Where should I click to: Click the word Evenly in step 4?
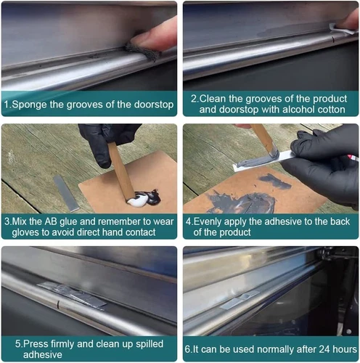(x=208, y=222)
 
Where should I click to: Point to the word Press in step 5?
(x=36, y=344)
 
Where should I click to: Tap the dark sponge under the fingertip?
(x=142, y=52)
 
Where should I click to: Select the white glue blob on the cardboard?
(x=136, y=200)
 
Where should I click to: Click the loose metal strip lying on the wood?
(x=66, y=194)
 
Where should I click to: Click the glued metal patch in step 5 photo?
(x=72, y=294)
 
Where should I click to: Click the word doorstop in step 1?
(x=154, y=105)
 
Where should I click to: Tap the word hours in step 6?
(x=345, y=349)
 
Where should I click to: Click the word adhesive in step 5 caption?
(x=43, y=355)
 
